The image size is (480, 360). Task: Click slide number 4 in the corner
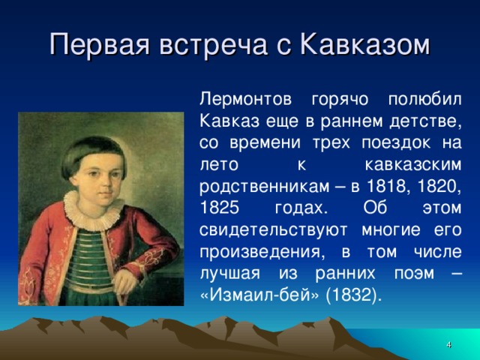point(448,343)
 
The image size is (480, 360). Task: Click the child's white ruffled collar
point(94,203)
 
